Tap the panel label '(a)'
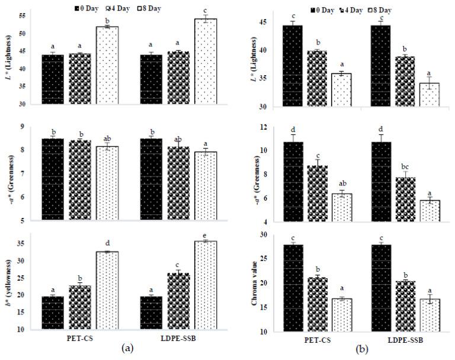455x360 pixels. point(127,350)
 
